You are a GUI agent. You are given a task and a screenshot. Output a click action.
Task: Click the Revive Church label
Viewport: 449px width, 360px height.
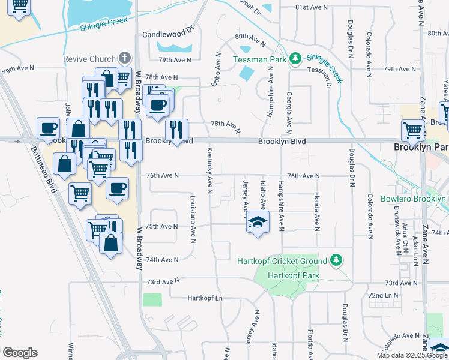(89, 59)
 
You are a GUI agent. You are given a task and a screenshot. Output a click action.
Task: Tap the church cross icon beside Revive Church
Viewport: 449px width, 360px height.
(125, 58)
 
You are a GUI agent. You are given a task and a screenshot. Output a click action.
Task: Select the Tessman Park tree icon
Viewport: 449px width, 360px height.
(295, 58)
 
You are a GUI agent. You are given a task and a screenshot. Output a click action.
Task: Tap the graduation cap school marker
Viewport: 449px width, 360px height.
(258, 223)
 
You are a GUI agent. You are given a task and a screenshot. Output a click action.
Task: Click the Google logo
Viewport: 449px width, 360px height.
(20, 353)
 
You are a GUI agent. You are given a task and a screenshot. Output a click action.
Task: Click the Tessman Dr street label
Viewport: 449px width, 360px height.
(320, 70)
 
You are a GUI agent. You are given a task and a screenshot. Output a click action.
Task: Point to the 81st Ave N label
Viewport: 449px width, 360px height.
(312, 7)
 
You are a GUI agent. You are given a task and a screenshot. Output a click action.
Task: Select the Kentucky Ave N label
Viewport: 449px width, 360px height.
(210, 170)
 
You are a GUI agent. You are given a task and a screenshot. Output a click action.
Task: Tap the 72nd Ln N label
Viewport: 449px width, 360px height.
(384, 296)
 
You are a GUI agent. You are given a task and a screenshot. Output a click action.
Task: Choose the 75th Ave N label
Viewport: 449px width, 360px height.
(162, 226)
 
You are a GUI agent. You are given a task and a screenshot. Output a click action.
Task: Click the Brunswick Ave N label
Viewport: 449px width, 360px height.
(397, 232)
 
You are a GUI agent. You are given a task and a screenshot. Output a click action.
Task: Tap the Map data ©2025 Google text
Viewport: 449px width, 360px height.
(412, 355)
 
